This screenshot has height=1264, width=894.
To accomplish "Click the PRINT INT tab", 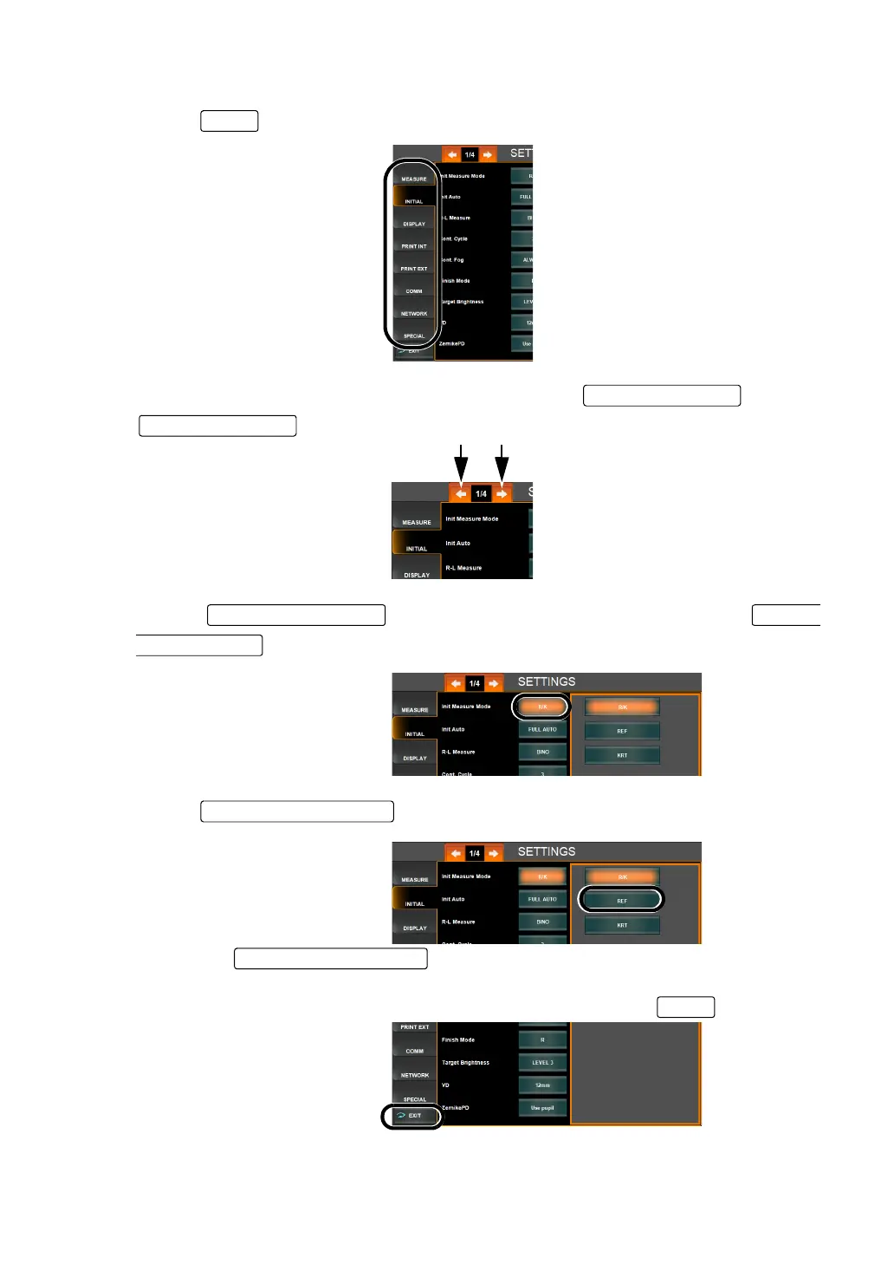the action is pyautogui.click(x=414, y=245).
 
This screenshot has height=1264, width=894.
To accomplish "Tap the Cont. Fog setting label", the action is pyautogui.click(x=453, y=260).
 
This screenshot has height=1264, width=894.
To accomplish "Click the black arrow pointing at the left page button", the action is pyautogui.click(x=462, y=464).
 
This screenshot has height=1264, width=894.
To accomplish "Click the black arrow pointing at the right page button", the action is pyautogui.click(x=502, y=464).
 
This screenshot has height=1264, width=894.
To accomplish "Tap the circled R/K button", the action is pyautogui.click(x=542, y=707).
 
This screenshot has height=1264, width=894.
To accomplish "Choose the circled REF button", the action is pyautogui.click(x=622, y=901).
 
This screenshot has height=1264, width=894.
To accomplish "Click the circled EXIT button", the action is pyautogui.click(x=412, y=1116).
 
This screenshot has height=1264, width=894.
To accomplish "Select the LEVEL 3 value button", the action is pyautogui.click(x=542, y=1063).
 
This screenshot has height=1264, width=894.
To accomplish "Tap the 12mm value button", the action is pyautogui.click(x=542, y=1085).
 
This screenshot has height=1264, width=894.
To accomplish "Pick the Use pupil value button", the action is pyautogui.click(x=542, y=1108).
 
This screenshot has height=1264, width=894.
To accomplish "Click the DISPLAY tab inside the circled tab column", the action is pyautogui.click(x=414, y=223).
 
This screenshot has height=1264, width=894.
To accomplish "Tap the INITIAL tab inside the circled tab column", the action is pyautogui.click(x=414, y=200).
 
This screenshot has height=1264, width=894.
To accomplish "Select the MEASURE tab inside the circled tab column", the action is pyautogui.click(x=414, y=178).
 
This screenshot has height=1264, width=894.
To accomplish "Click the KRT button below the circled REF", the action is pyautogui.click(x=622, y=925).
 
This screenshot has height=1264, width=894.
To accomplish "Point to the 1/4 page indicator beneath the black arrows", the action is pyautogui.click(x=481, y=493).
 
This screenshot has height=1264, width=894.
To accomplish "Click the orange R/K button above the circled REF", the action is pyautogui.click(x=622, y=876).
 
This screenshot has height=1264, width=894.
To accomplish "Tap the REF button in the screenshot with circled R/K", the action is pyautogui.click(x=622, y=731).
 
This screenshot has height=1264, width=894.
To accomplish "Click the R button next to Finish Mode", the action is pyautogui.click(x=542, y=1039).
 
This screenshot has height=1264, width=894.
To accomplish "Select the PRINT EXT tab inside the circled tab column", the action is pyautogui.click(x=414, y=268).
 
